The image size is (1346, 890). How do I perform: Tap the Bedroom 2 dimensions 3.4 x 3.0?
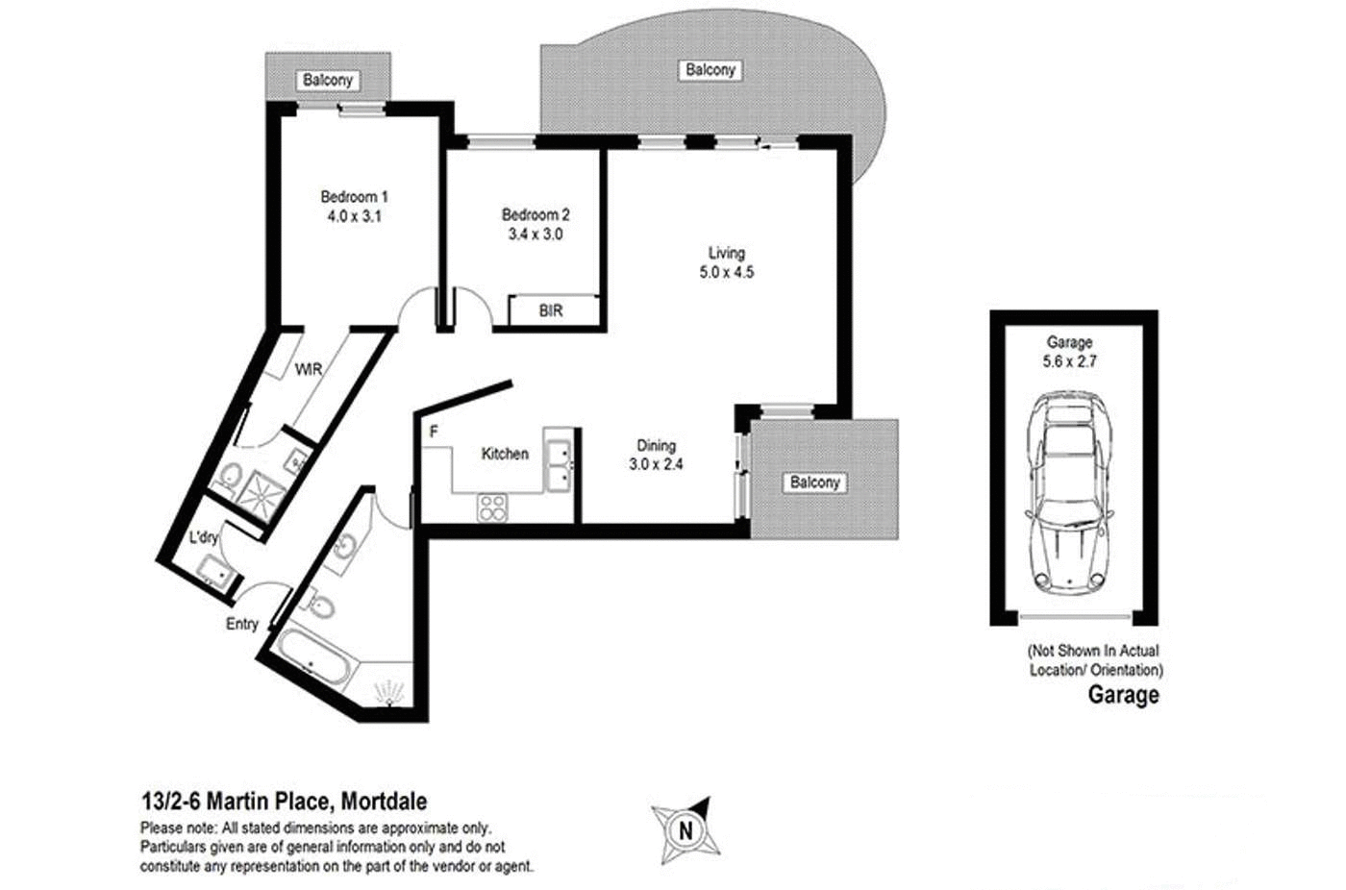pyautogui.click(x=536, y=235)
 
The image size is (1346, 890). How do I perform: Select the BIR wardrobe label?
pyautogui.click(x=551, y=311)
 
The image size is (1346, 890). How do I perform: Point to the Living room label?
pyautogui.click(x=726, y=253)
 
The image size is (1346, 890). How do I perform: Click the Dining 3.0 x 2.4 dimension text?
pyautogui.click(x=656, y=464)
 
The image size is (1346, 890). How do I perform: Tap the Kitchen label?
pyautogui.click(x=505, y=454)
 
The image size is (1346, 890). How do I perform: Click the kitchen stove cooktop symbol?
pyautogui.click(x=493, y=507)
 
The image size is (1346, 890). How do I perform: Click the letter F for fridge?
pyautogui.click(x=434, y=433)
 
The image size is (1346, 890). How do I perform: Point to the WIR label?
pyautogui.click(x=308, y=369)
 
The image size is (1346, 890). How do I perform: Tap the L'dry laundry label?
pyautogui.click(x=204, y=538)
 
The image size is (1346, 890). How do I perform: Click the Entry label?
pyautogui.click(x=242, y=624)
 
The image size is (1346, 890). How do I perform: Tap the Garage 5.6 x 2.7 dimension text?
pyautogui.click(x=1069, y=361)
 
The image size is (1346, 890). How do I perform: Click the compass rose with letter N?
pyautogui.click(x=685, y=828)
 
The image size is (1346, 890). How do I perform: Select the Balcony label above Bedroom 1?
pyautogui.click(x=328, y=81)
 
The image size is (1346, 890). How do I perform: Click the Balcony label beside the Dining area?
pyautogui.click(x=814, y=482)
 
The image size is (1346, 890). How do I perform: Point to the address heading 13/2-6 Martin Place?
pyautogui.click(x=285, y=802)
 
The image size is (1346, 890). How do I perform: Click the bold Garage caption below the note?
pyautogui.click(x=1123, y=695)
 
